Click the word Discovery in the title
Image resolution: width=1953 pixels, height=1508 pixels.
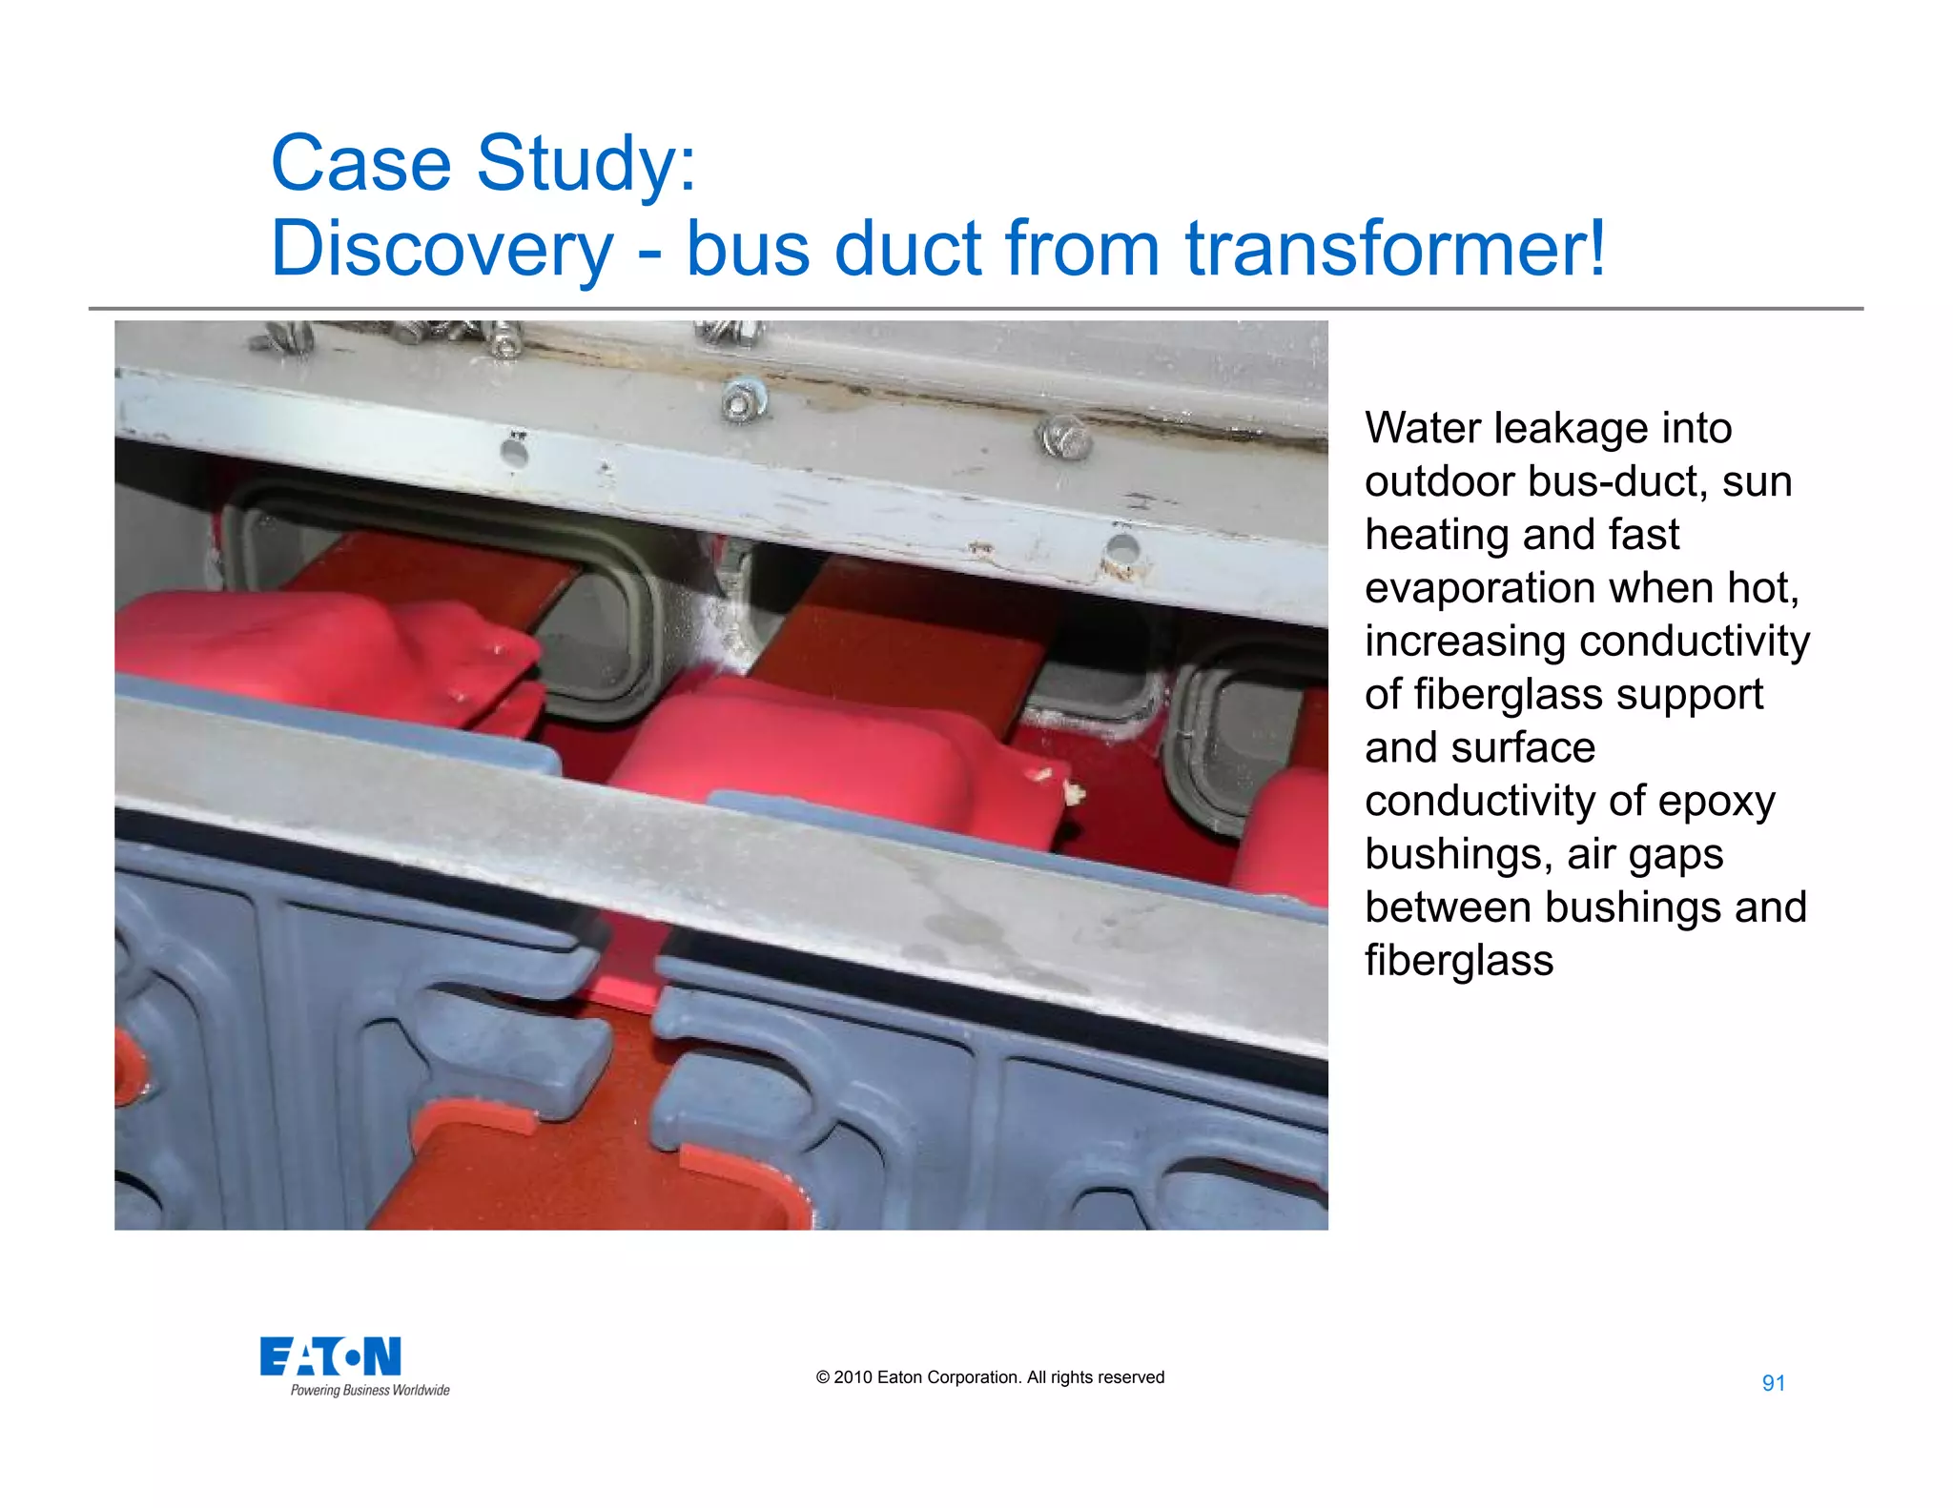coord(442,248)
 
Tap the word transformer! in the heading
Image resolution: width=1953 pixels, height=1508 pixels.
coord(1395,248)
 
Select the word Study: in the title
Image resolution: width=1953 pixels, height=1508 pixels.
coord(586,162)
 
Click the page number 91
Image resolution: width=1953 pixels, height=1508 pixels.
coord(1773,1383)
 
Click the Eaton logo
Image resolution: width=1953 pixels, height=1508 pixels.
coord(330,1356)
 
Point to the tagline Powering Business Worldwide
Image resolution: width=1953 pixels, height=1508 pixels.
coord(370,1391)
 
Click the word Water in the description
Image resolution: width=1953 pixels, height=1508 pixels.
coord(1422,428)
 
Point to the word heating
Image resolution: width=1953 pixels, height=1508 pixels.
coord(1428,535)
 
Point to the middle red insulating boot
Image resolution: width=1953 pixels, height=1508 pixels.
coord(811,744)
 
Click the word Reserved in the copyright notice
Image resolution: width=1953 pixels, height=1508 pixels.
coord(1131,1377)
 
